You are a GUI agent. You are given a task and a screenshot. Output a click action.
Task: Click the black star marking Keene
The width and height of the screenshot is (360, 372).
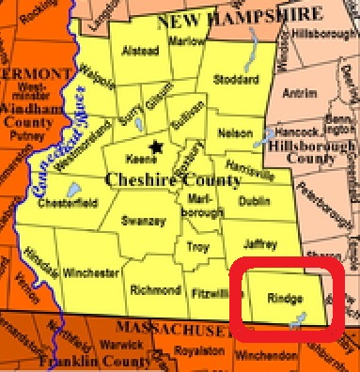pos(156,146)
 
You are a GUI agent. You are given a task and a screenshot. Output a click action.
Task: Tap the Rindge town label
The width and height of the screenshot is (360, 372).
pos(285,298)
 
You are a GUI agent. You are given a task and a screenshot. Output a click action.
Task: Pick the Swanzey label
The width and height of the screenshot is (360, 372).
pos(144,221)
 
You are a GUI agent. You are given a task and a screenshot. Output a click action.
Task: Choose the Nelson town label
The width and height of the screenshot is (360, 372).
pos(234,133)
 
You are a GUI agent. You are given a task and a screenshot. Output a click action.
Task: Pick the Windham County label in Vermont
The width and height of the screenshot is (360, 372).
pos(31,122)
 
